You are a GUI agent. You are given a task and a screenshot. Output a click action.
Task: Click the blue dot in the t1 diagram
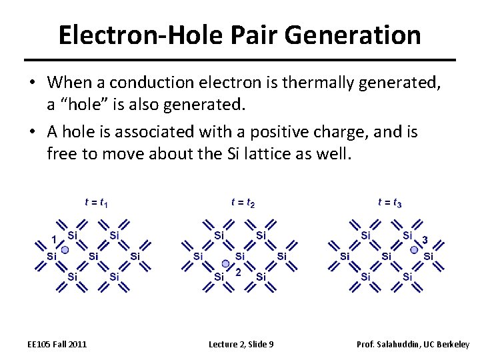65,250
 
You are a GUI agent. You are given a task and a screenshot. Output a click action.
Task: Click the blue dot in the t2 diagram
225,264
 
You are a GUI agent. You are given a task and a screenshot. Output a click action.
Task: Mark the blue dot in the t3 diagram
414,250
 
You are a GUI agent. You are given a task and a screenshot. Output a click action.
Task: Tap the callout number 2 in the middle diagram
237,272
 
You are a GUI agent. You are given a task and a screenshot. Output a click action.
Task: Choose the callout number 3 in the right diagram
425,240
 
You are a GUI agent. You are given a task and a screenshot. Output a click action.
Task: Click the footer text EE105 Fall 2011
57,344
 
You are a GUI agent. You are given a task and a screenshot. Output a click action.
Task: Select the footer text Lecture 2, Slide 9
241,344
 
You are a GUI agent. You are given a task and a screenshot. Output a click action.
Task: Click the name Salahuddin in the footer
400,344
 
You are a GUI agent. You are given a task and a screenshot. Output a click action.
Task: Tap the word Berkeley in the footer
453,344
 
